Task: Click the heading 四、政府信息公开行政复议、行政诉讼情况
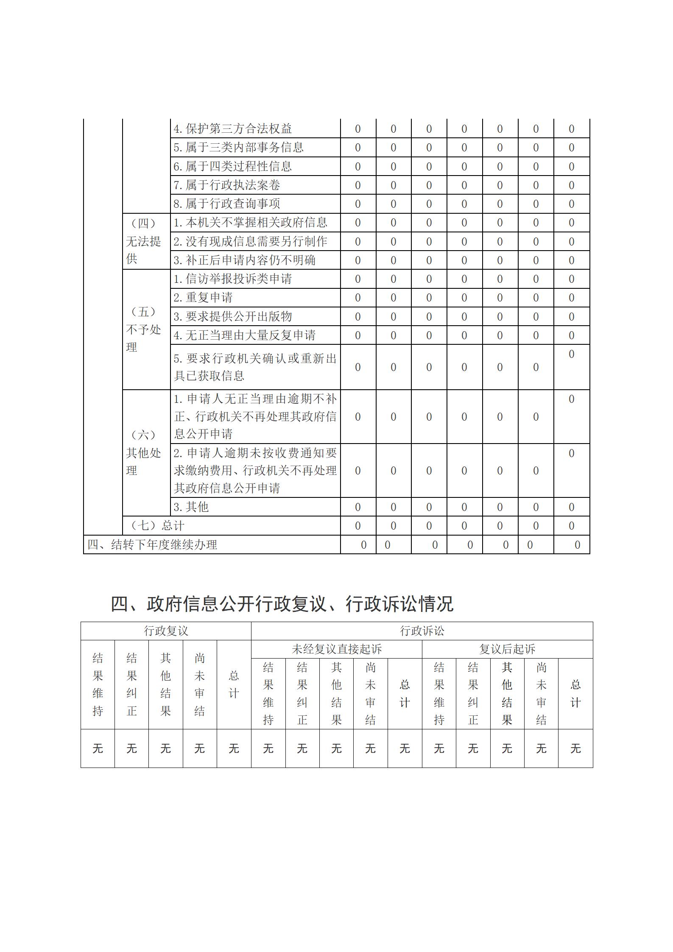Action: pos(282,604)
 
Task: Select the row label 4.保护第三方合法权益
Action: pos(232,129)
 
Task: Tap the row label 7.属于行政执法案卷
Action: pos(226,185)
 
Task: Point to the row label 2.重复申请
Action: pos(203,298)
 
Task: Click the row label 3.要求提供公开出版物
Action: pos(232,317)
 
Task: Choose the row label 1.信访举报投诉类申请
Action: pos(232,279)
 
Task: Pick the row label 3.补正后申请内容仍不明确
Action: pos(244,260)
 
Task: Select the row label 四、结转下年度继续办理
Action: pos(152,545)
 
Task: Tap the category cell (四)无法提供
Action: pos(144,241)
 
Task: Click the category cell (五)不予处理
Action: pos(144,329)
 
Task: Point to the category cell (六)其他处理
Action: pos(144,453)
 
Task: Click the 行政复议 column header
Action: pos(166,631)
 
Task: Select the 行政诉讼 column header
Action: pos(422,631)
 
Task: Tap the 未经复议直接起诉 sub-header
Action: pos(337,649)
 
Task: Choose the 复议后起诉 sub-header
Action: pos(507,649)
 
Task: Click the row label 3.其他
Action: pos(191,507)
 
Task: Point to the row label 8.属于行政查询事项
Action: pos(226,204)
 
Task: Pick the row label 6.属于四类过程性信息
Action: pos(232,166)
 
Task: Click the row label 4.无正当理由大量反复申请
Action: pos(244,335)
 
